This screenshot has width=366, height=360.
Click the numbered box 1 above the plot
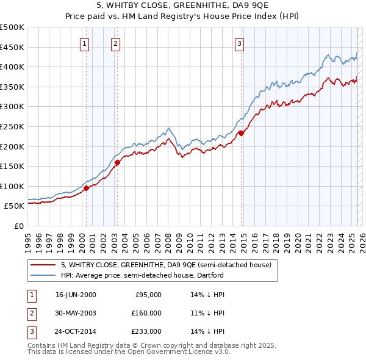tap(84, 43)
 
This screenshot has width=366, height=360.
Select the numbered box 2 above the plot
tap(115, 43)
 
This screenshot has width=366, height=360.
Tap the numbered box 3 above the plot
tap(240, 43)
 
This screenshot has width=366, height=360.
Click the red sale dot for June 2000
tap(86, 188)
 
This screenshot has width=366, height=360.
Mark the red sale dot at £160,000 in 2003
tap(117, 162)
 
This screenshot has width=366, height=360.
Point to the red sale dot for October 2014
tap(241, 133)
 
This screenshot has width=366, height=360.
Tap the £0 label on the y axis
tap(18, 226)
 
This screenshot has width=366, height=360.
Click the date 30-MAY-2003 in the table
tap(76, 313)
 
